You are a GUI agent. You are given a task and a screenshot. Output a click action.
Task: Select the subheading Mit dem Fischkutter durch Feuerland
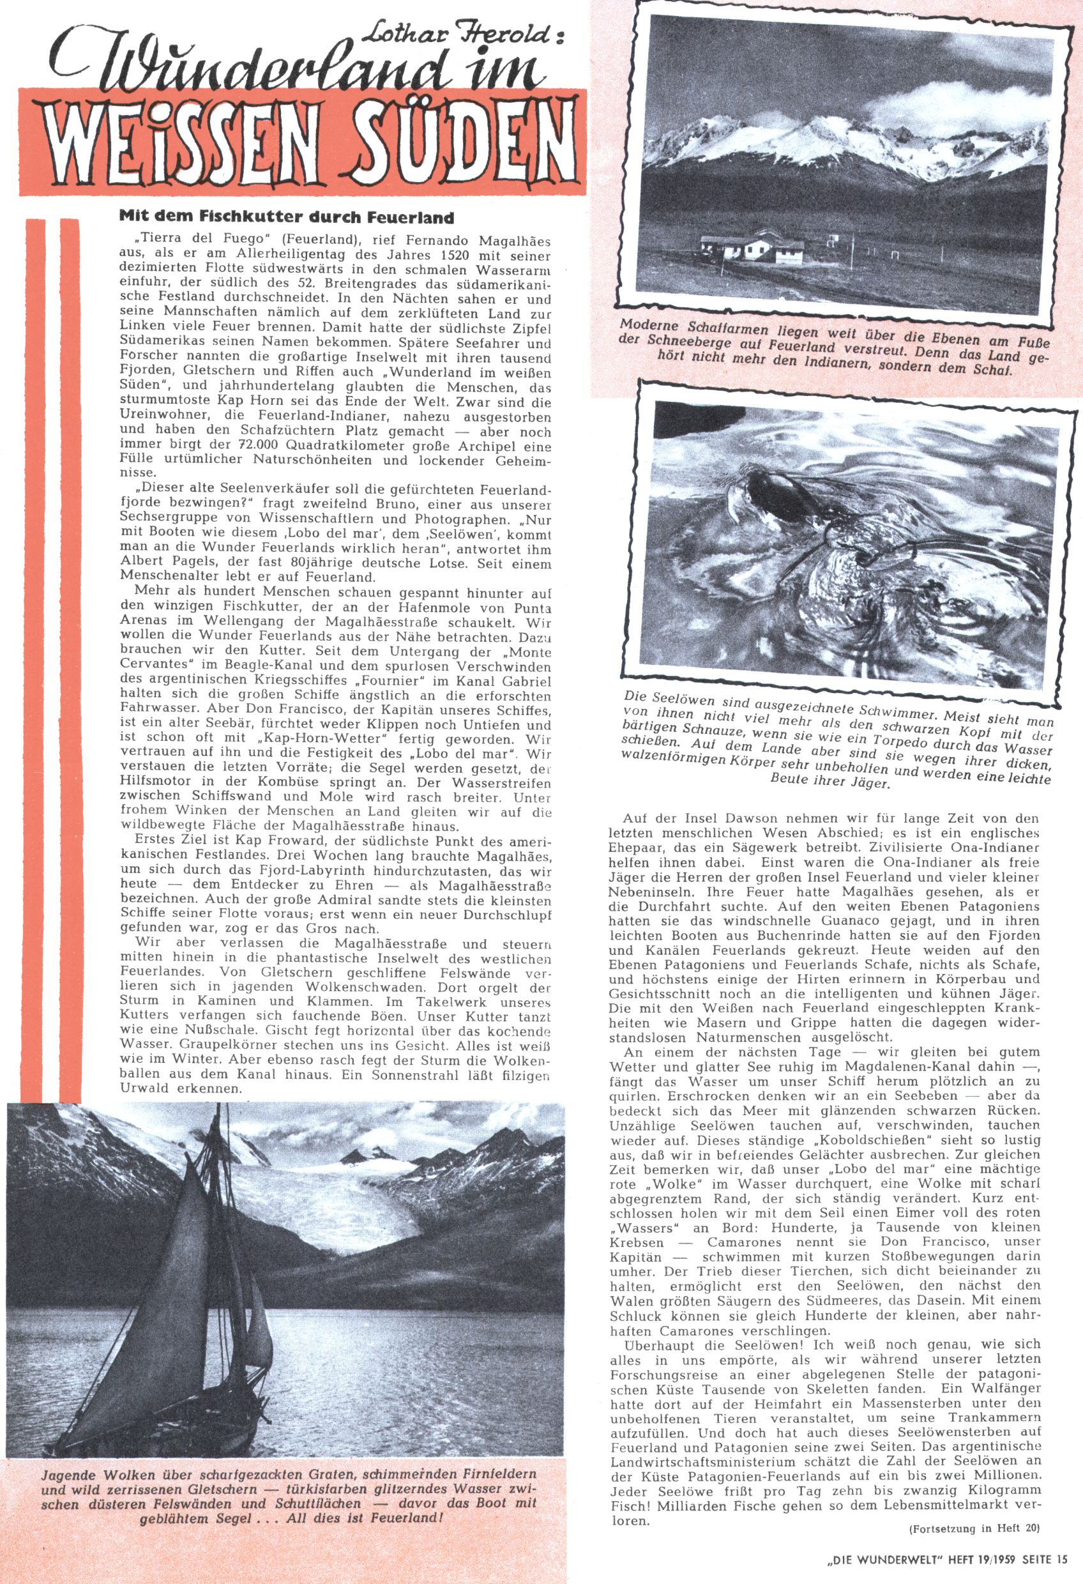(x=286, y=218)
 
